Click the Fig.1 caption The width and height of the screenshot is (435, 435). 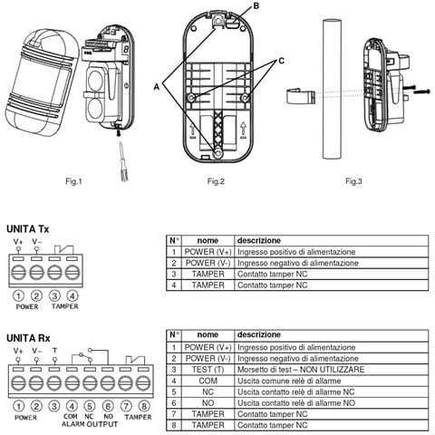(73, 181)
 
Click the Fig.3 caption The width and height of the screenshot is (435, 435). (353, 181)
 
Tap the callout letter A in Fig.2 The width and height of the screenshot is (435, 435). (157, 87)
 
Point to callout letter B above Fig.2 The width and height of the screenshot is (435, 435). (256, 5)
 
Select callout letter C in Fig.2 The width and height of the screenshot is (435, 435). (281, 61)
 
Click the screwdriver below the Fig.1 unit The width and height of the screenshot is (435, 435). (123, 162)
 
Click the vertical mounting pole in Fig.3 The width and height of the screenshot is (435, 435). (332, 89)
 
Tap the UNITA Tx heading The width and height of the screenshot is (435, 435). (27, 229)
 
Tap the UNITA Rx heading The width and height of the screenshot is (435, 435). (28, 338)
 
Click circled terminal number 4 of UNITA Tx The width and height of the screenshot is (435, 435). (72, 295)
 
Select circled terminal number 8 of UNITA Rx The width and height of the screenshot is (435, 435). (144, 406)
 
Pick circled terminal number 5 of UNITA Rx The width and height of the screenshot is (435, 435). (90, 406)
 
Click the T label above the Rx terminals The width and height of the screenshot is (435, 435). (54, 351)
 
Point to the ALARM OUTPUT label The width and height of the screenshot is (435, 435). (90, 424)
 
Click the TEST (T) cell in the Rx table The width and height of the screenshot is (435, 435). (208, 370)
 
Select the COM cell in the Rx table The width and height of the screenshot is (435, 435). (208, 381)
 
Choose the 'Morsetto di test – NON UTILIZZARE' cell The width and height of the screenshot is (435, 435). (301, 370)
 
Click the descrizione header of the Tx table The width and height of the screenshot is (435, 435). (259, 240)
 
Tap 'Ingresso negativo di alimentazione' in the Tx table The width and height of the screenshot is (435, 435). (298, 263)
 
